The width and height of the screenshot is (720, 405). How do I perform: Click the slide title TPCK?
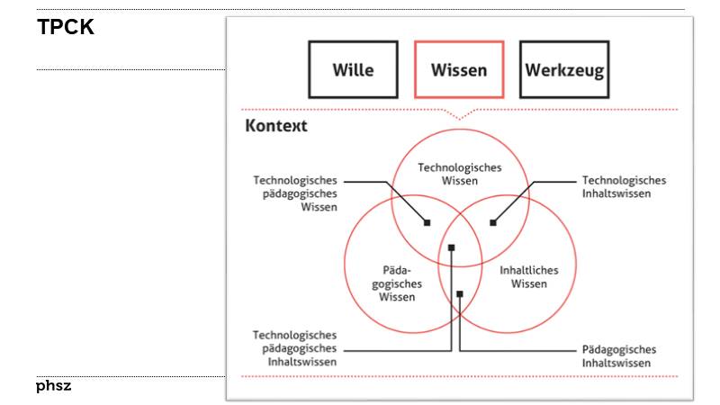tap(66, 28)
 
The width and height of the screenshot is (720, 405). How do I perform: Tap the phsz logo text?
tap(54, 386)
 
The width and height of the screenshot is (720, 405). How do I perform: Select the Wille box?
tap(353, 69)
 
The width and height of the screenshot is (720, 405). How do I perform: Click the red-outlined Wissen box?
tap(459, 69)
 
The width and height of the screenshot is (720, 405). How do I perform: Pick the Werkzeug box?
tap(564, 69)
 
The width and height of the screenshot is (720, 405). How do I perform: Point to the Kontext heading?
tap(276, 126)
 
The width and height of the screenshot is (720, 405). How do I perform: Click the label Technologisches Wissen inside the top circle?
tap(459, 174)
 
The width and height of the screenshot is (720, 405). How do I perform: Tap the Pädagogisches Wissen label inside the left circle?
tap(397, 283)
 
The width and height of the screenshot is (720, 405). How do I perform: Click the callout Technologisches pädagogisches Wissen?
tap(295, 193)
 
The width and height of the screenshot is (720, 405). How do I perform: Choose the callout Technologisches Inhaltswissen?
tap(624, 187)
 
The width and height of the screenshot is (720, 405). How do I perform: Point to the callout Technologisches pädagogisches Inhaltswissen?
tap(295, 348)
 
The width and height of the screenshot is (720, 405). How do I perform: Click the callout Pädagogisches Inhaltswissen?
tap(619, 355)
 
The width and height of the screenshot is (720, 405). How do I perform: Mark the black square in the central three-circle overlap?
tap(452, 247)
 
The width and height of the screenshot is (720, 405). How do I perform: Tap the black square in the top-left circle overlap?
tap(427, 222)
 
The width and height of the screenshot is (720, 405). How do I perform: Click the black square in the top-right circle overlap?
tap(493, 222)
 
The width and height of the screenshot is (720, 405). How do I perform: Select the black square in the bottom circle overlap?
tap(459, 293)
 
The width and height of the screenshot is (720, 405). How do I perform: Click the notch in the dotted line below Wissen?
tap(460, 116)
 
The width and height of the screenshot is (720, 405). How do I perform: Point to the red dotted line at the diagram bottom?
tap(459, 376)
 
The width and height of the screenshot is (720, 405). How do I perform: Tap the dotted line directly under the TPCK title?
tap(130, 69)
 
